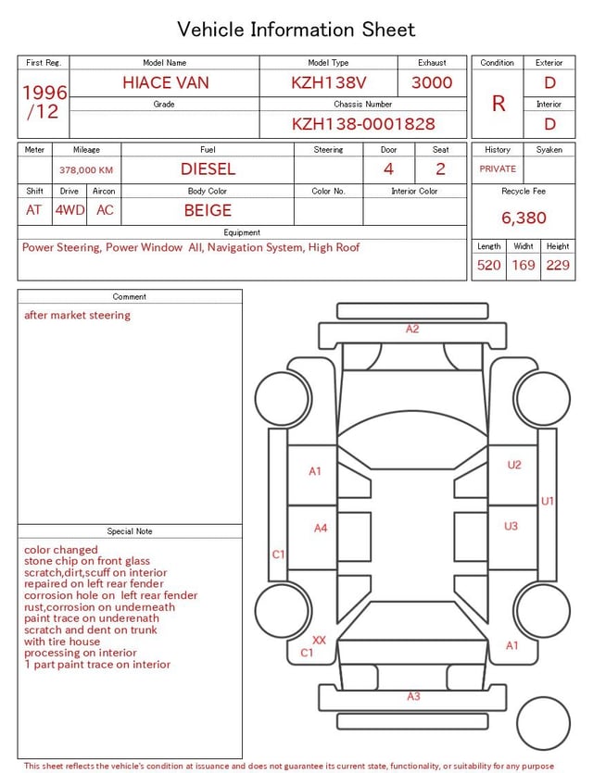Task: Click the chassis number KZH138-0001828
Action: (363, 124)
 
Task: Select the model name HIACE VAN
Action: (166, 82)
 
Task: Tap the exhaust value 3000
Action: (432, 82)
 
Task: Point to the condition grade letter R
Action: (498, 104)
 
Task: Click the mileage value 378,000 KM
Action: (86, 170)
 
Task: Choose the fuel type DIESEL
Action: (208, 169)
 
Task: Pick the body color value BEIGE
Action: (208, 210)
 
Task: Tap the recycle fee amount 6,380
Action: (524, 218)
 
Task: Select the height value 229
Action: (558, 265)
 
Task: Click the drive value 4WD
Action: (69, 210)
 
